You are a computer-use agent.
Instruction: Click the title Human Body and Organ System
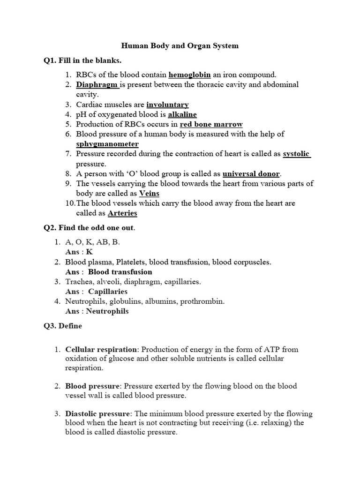[180, 46]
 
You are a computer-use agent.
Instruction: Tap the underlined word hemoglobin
[189, 75]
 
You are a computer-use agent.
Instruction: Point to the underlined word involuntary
[167, 105]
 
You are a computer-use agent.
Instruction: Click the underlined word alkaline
[179, 114]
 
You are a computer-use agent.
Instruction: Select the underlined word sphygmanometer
[107, 144]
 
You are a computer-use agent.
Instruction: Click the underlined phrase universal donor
[251, 173]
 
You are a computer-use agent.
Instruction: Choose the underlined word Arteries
[122, 213]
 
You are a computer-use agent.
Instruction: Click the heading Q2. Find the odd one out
[89, 228]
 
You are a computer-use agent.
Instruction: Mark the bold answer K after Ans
[90, 252]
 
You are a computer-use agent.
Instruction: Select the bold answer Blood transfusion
[120, 271]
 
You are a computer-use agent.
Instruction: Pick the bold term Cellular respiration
[101, 350]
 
